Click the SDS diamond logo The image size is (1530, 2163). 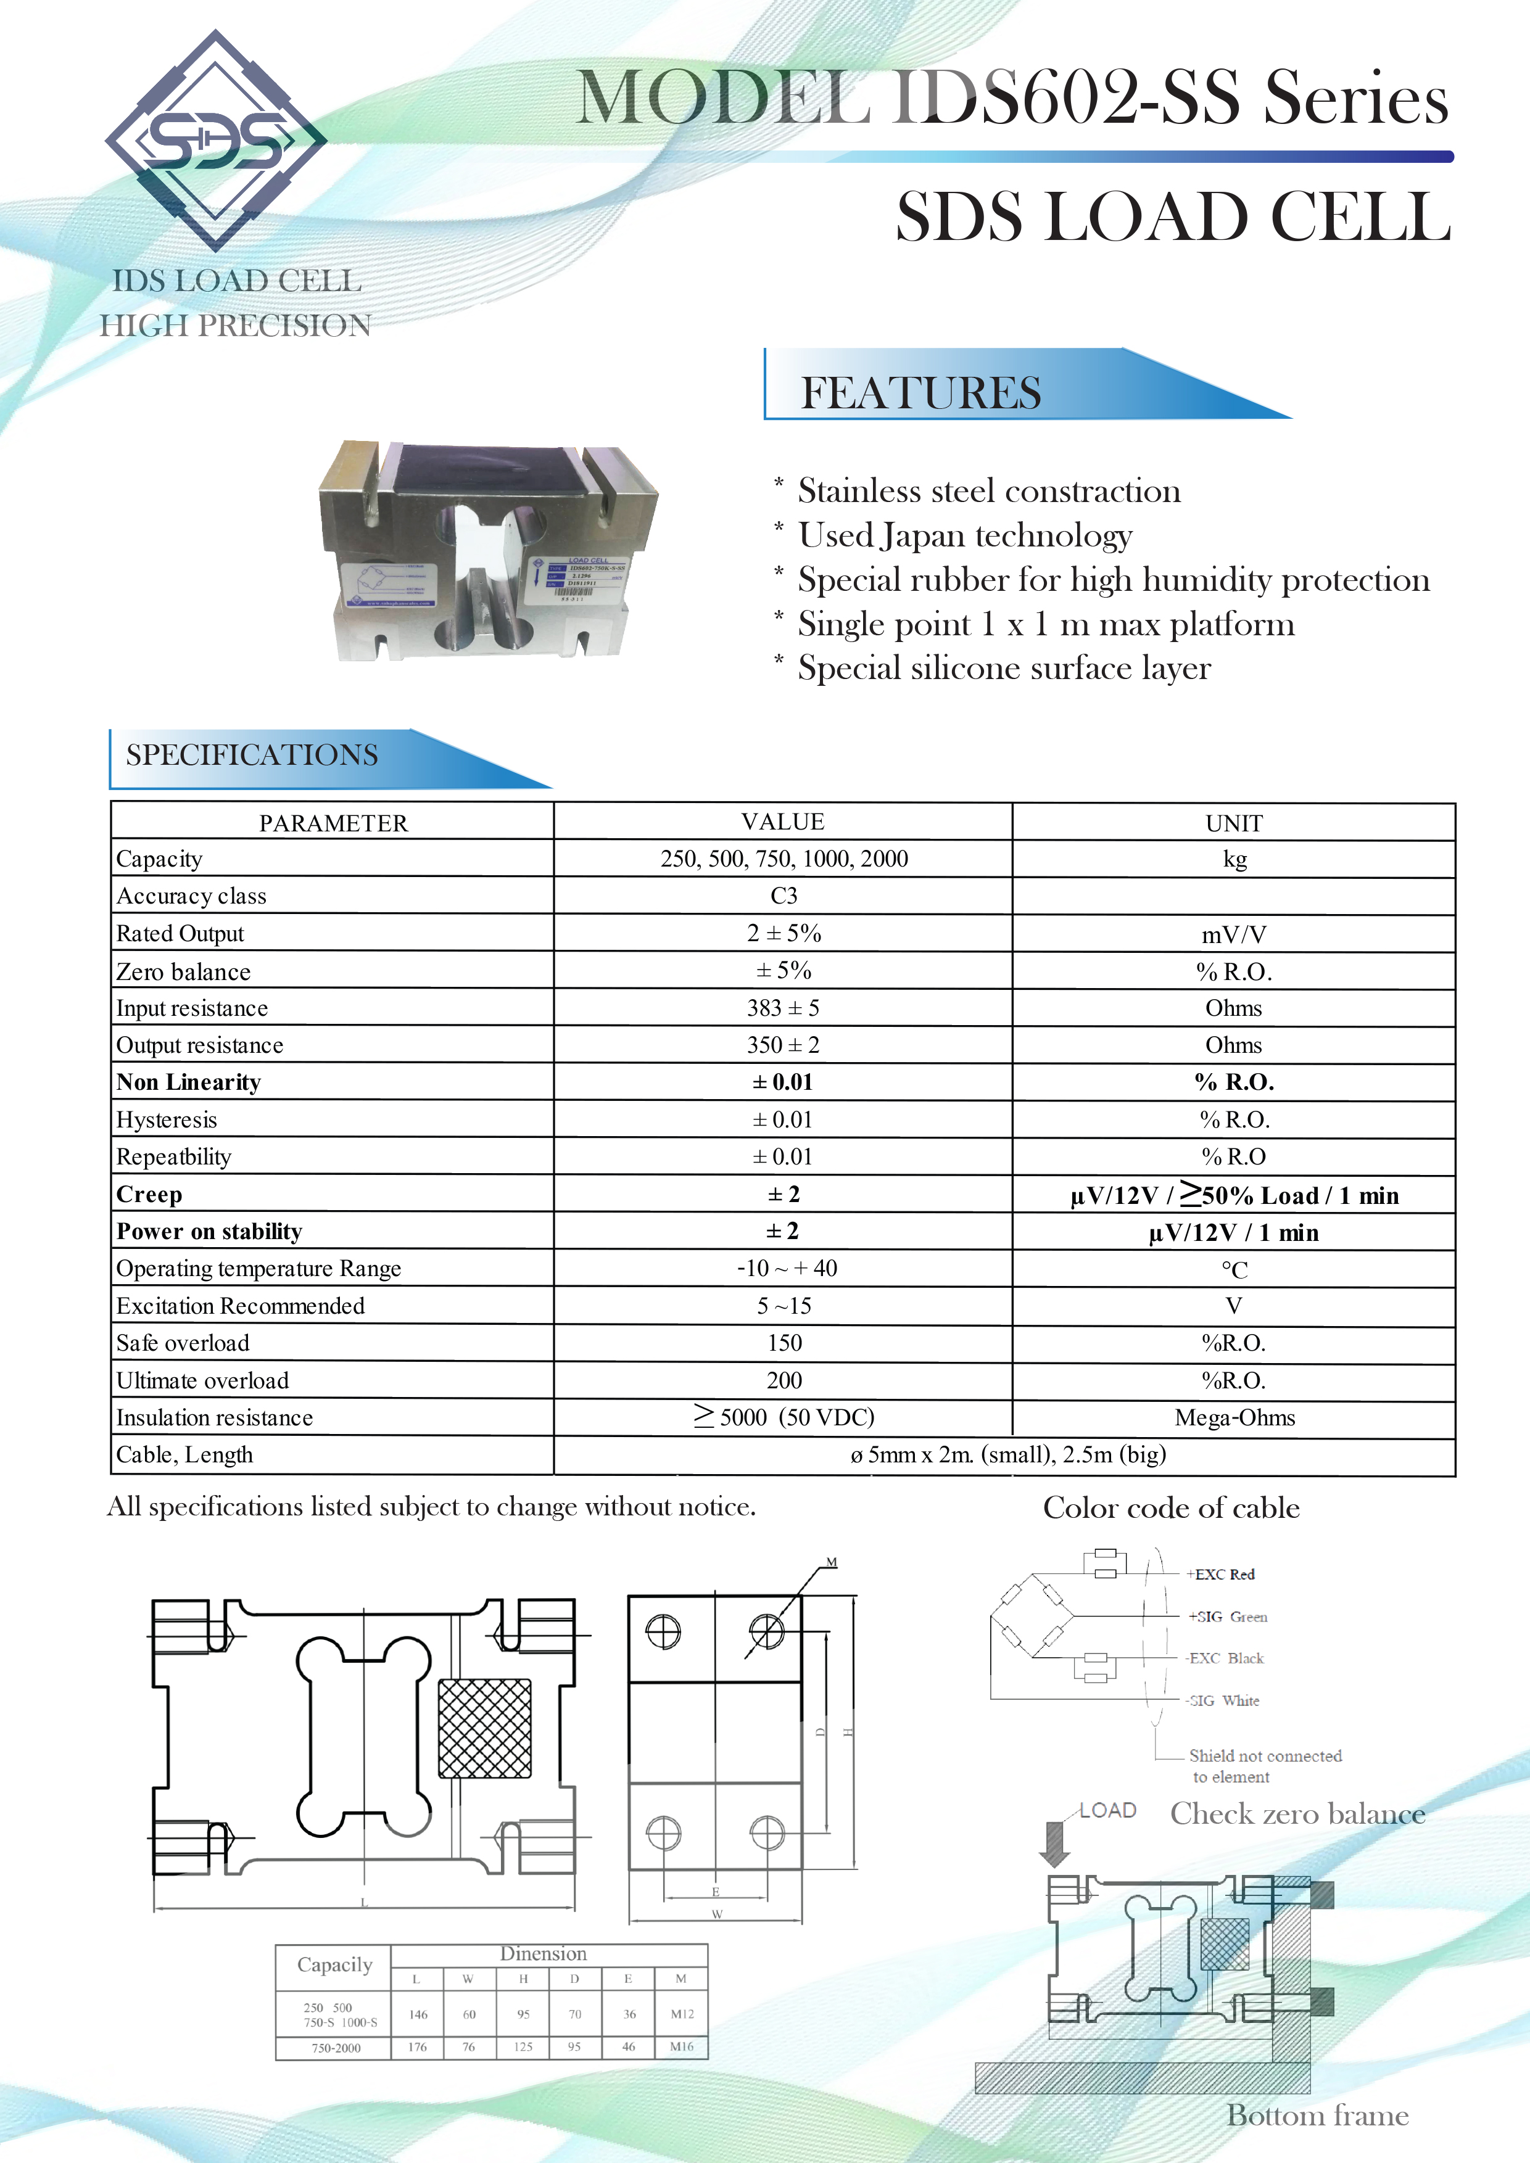216,141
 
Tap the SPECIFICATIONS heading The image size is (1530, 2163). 252,754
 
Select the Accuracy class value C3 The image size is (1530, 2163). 783,896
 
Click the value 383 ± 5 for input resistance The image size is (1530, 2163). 783,1008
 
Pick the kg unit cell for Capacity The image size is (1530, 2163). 1234,859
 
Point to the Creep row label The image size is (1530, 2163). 149,1195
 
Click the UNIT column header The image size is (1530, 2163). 1234,823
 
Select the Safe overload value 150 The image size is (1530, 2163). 784,1343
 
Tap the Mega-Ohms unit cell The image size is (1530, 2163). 1234,1418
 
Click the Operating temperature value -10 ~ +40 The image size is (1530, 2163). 787,1268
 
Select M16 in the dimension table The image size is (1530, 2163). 681,2046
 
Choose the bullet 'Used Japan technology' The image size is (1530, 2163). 965,535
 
